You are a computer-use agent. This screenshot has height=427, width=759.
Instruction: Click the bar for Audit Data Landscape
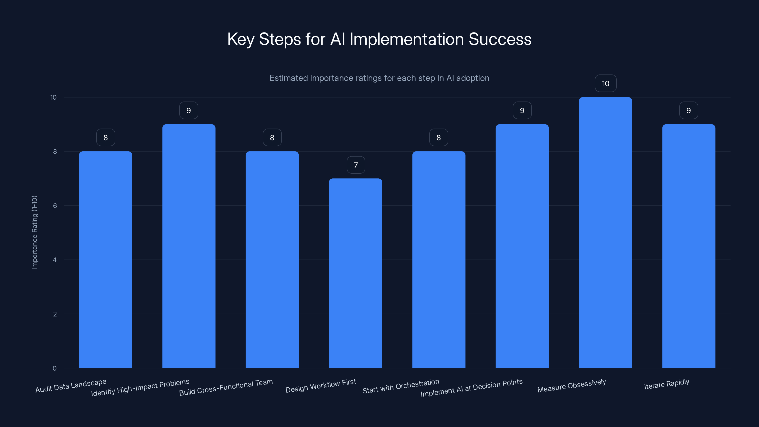click(x=106, y=259)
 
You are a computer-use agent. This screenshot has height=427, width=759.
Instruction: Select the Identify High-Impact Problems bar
click(x=189, y=246)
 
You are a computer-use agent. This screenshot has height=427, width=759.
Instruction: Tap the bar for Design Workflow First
click(x=355, y=273)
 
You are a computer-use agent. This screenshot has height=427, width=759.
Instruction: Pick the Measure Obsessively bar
click(x=605, y=232)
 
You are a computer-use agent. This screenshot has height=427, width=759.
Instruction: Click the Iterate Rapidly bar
click(x=689, y=246)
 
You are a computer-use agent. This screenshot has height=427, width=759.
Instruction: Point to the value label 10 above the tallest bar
click(x=606, y=84)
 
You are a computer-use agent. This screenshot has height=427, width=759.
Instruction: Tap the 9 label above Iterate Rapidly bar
click(x=689, y=111)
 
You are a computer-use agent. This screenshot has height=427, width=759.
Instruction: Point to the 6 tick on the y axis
click(x=55, y=206)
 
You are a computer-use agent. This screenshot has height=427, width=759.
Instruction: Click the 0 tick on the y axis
click(x=55, y=368)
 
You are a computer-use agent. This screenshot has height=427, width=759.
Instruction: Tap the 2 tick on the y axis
click(x=55, y=314)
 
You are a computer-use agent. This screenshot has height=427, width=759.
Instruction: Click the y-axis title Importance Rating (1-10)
click(x=34, y=232)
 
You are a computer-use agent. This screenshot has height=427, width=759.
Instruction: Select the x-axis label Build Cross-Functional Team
click(x=226, y=387)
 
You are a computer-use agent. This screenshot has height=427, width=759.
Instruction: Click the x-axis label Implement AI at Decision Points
click(x=472, y=388)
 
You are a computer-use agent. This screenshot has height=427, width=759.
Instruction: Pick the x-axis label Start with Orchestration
click(x=401, y=386)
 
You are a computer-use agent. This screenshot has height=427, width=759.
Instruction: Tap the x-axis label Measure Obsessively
click(x=572, y=386)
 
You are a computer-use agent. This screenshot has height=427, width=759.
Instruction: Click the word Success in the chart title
click(x=500, y=39)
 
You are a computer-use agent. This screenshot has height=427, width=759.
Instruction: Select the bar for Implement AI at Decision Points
click(x=522, y=246)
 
